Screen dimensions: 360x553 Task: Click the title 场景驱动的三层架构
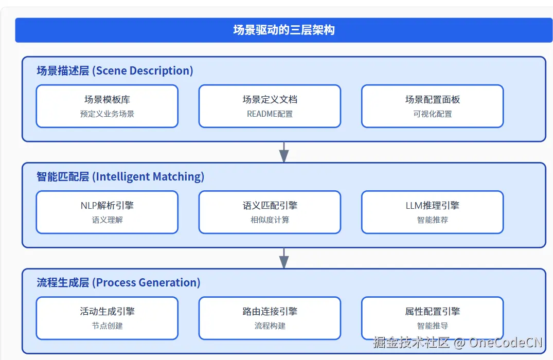tap(283, 30)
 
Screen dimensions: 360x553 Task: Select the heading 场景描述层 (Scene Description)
tap(115, 70)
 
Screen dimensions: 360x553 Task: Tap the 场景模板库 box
tap(107, 105)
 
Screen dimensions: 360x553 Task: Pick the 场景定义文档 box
tap(270, 105)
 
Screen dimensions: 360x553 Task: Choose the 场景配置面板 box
tap(432, 105)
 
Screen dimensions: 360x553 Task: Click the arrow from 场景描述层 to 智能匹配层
tap(283, 152)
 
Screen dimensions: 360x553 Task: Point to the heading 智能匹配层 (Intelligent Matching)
tap(120, 176)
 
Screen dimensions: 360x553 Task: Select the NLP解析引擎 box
tap(107, 211)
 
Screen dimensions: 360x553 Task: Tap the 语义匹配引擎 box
tap(270, 211)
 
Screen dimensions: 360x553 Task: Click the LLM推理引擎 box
tap(432, 211)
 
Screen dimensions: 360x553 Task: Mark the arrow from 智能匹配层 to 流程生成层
tap(283, 258)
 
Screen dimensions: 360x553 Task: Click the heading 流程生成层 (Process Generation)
tap(118, 282)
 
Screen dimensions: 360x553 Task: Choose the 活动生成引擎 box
tap(107, 317)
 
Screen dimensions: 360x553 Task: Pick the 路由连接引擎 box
tap(270, 317)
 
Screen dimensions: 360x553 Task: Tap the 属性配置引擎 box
tap(432, 317)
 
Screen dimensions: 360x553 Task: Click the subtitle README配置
tap(270, 114)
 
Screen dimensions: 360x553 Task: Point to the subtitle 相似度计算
tap(270, 220)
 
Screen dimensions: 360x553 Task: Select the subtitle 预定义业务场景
tap(107, 114)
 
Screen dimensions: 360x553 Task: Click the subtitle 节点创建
tap(107, 326)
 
